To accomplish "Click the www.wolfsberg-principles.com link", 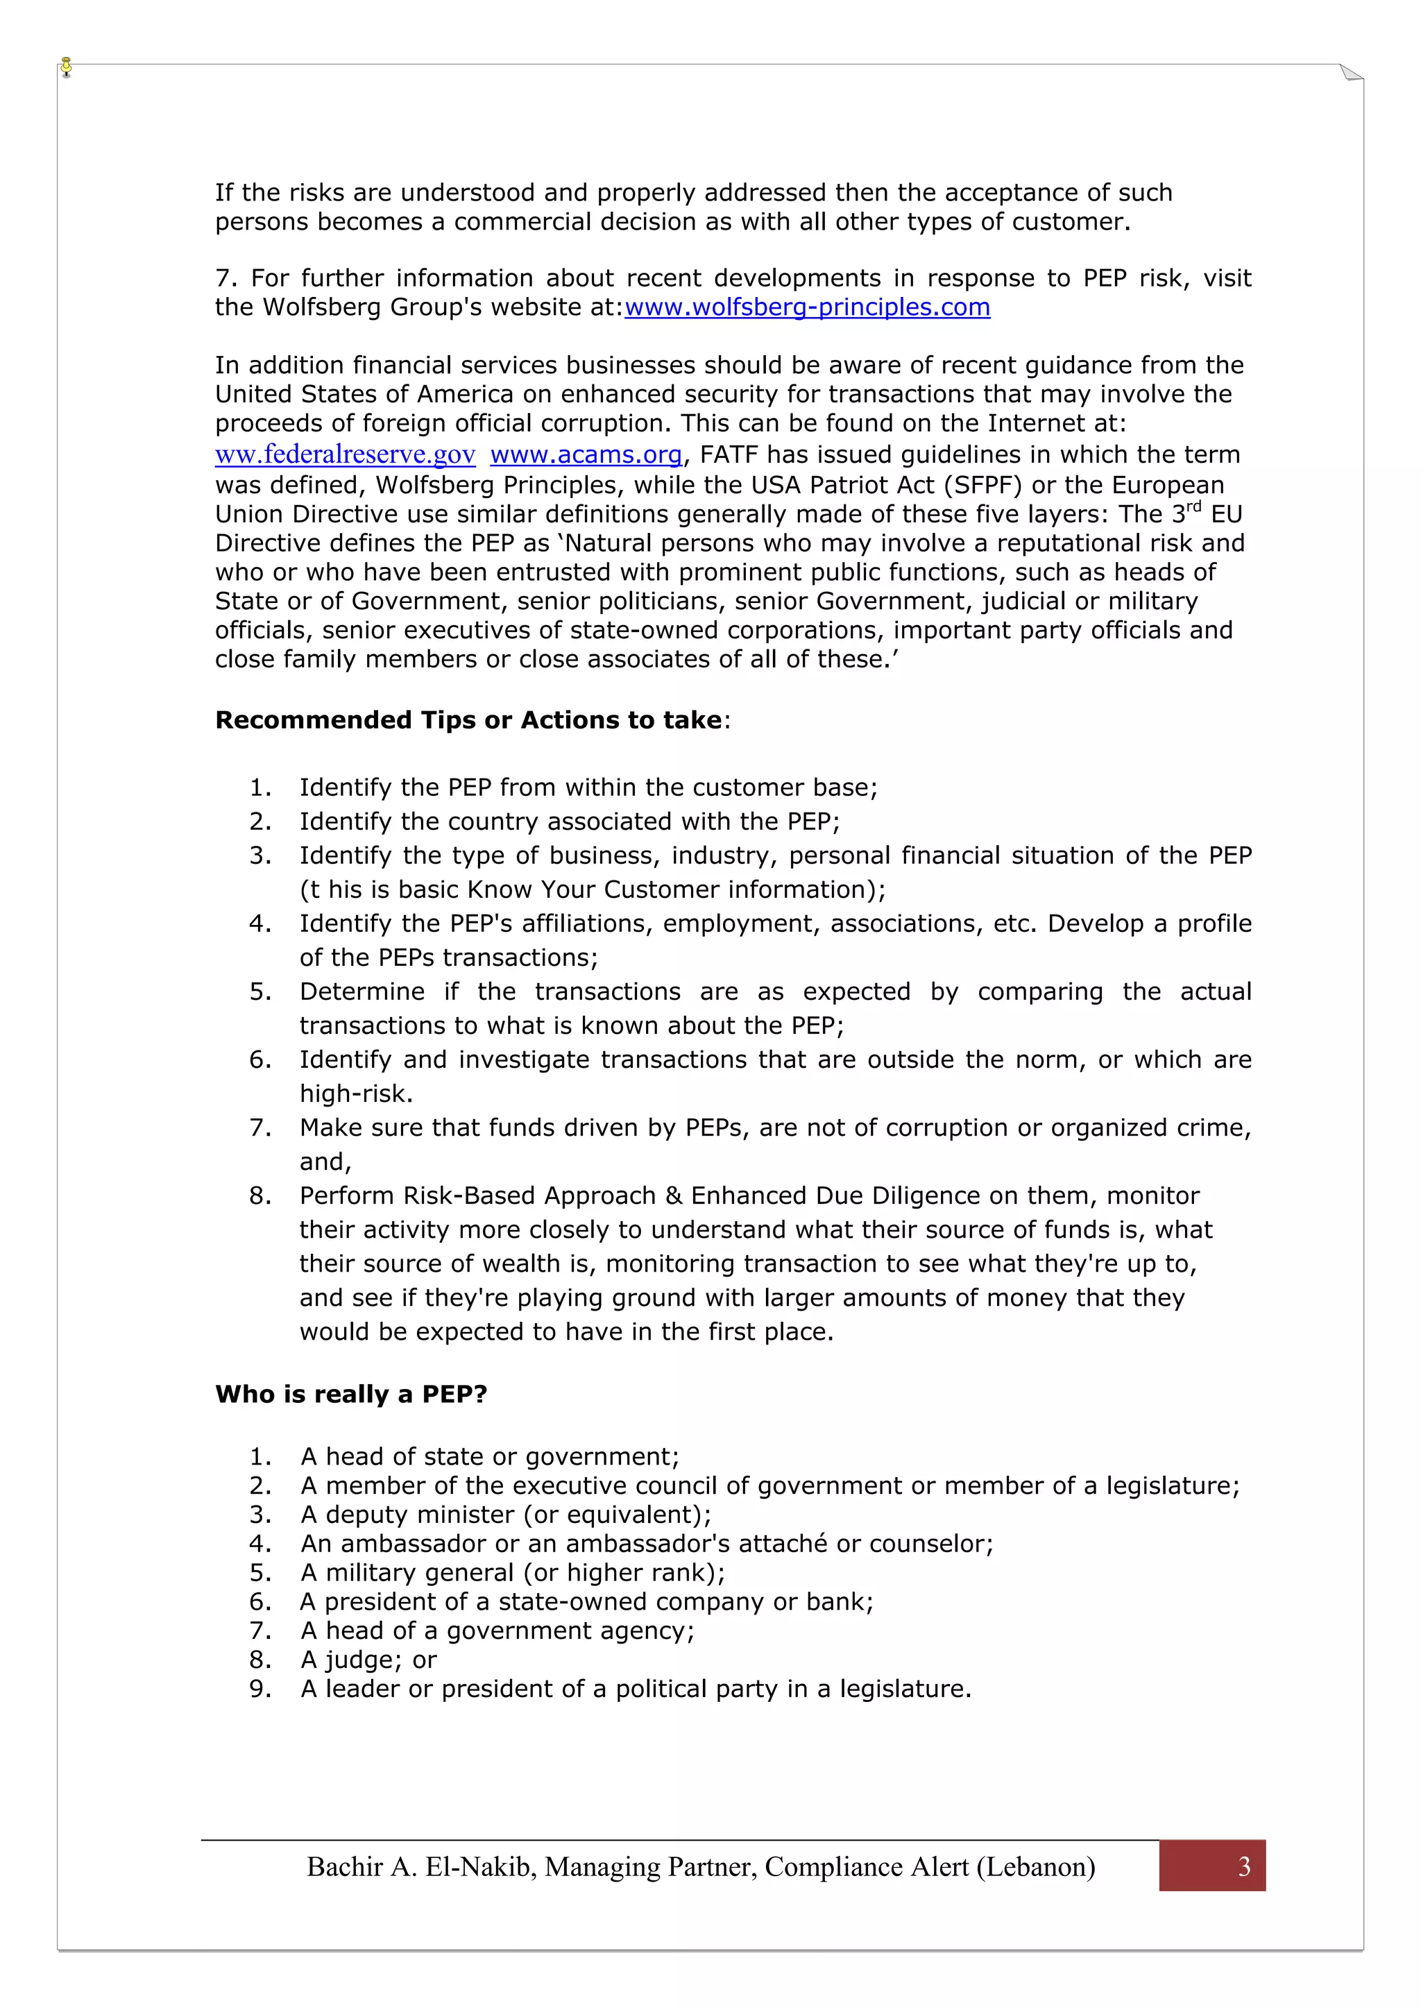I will (x=806, y=307).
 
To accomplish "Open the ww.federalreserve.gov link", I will (x=345, y=454).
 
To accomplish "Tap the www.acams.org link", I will (x=586, y=454).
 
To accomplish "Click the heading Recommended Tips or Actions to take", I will (x=469, y=719).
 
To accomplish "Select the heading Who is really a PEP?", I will (x=350, y=1394).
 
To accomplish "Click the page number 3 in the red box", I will (x=1243, y=1866).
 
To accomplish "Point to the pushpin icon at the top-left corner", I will (x=67, y=67).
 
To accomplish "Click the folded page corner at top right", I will (x=1351, y=74).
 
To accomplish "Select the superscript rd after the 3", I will (x=1194, y=506).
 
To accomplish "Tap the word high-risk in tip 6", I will (x=353, y=1093).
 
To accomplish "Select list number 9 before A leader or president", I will (x=260, y=1688).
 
